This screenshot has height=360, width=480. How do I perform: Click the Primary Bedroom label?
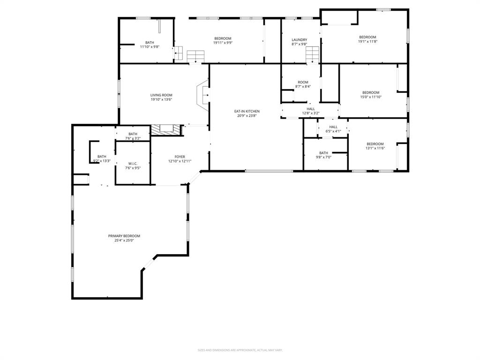point(124,236)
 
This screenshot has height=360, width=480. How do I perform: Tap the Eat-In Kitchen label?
point(247,111)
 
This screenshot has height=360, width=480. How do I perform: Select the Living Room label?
point(161,95)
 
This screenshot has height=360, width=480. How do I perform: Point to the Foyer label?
point(180,157)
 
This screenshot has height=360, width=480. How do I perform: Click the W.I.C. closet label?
point(133,164)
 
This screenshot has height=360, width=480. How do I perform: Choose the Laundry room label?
point(299,40)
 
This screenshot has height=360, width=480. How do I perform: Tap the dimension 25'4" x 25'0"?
point(124,240)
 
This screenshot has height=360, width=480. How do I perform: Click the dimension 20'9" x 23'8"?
point(247,116)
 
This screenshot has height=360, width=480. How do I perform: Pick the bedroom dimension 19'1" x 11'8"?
point(368,42)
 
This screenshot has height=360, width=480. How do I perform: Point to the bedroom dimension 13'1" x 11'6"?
point(375,149)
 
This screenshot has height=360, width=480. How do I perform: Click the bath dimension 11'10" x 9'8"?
point(150,46)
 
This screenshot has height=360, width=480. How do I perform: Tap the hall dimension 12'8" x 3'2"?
point(311,113)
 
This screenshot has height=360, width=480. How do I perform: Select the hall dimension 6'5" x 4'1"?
point(333,131)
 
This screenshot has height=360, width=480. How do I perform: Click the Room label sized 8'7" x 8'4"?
point(303,82)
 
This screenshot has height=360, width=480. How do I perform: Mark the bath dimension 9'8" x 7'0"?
point(323,157)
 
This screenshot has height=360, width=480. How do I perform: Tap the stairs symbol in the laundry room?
point(313,54)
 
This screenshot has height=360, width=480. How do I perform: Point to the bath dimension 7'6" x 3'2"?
point(133,138)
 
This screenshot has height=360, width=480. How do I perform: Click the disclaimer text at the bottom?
point(240,350)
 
